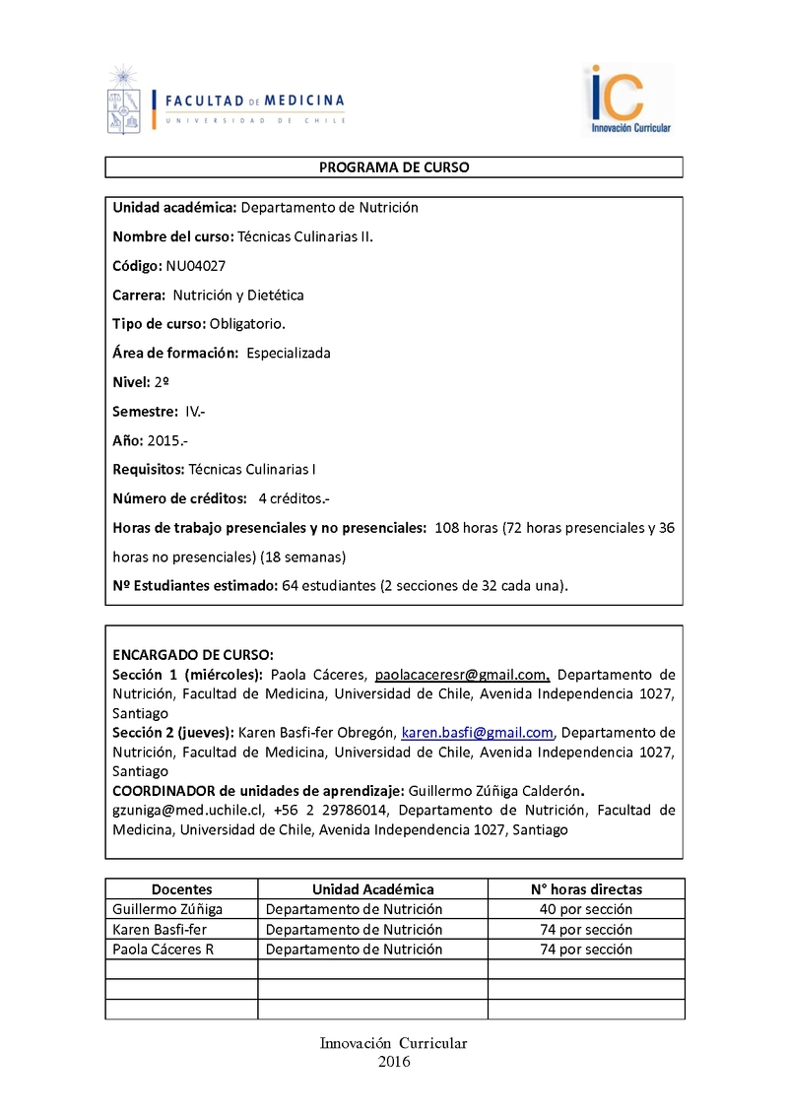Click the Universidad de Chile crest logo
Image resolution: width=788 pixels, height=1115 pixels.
123,100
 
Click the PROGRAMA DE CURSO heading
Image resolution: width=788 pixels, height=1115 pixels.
394,167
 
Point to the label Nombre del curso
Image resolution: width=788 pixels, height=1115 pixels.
172,236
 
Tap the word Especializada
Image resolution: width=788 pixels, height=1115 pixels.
289,353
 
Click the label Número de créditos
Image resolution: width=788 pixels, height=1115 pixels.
179,498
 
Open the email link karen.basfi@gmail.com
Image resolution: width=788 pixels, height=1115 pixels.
478,733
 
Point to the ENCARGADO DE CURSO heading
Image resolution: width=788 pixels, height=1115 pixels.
193,655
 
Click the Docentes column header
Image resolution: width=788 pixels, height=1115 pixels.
181,889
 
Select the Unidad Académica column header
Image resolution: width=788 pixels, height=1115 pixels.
372,889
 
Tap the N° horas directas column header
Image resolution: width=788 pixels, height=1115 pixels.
586,889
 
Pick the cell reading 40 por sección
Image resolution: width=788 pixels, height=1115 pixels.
586,909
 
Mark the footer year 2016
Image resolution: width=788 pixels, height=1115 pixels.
394,1062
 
